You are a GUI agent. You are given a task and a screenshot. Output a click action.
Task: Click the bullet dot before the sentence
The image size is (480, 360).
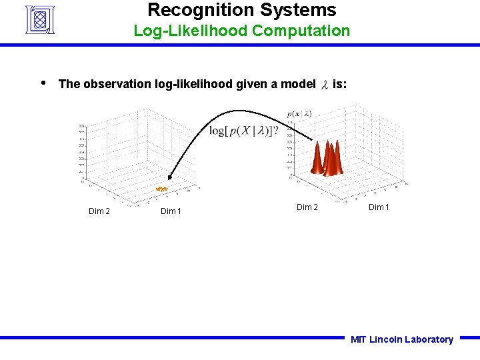point(43,83)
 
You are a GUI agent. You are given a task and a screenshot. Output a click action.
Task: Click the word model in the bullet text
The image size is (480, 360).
point(298,84)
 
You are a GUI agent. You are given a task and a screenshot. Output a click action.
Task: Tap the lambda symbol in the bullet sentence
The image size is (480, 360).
point(325,85)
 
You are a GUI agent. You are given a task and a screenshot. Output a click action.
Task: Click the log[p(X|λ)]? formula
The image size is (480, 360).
point(244,131)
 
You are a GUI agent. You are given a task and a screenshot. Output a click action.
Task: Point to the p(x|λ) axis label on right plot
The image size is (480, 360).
point(299,114)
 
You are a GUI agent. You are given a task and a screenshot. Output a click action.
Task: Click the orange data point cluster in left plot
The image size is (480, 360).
point(161,189)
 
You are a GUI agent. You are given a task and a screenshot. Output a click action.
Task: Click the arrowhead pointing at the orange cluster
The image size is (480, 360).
point(169,177)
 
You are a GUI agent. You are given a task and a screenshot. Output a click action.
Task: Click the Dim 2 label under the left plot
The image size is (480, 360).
point(100,211)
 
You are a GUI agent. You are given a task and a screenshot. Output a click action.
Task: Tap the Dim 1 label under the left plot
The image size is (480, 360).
point(172,211)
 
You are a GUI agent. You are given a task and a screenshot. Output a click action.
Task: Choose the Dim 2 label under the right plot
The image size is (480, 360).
point(307,207)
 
